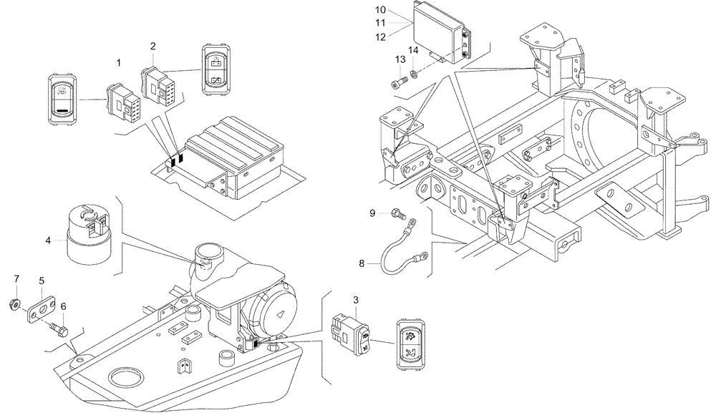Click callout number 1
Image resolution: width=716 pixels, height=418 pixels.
point(120,64)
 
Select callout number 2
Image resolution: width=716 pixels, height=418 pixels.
point(153,46)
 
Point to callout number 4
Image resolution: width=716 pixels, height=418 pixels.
point(49,240)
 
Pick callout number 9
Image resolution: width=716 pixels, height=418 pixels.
point(373,213)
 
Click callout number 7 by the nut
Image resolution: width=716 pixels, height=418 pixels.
point(18,278)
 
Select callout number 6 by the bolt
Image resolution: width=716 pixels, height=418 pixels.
point(63,306)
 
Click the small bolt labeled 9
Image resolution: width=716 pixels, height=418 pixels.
point(398,213)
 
